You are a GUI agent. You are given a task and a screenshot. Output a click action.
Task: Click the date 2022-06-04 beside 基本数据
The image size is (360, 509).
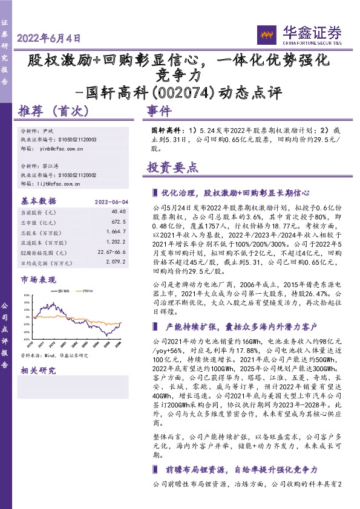[110, 201]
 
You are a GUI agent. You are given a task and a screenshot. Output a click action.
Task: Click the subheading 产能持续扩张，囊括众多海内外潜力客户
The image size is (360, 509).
[241, 327]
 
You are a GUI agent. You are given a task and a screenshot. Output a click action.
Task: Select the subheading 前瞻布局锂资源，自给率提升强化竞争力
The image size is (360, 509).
[241, 469]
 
